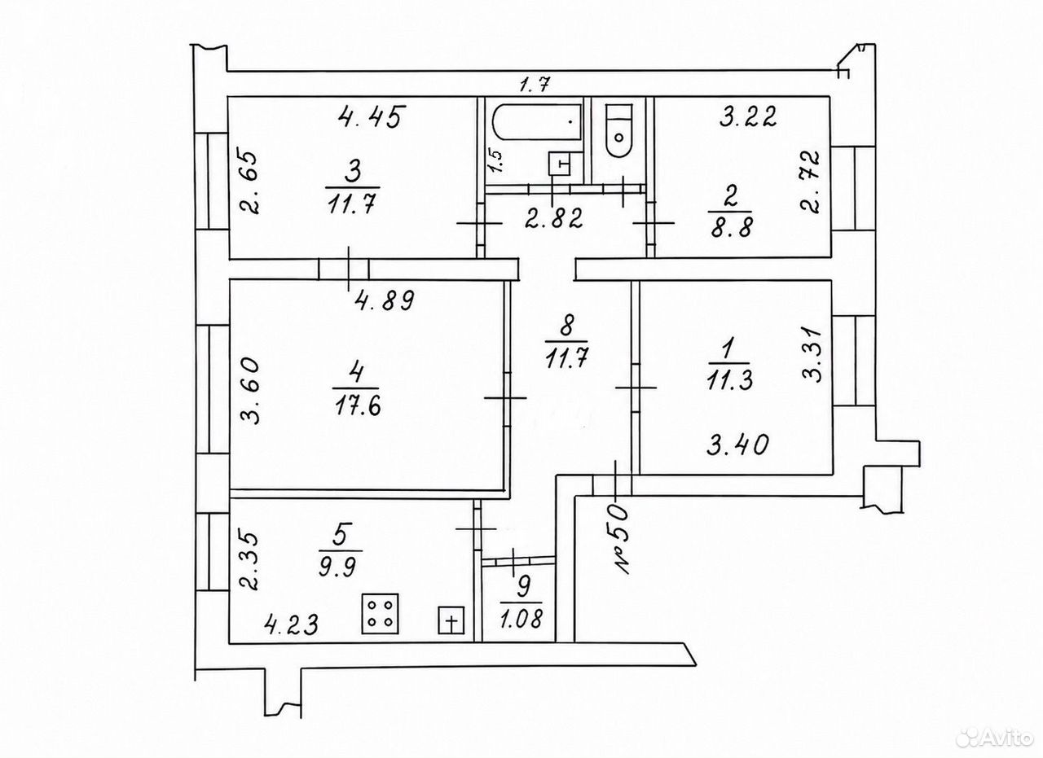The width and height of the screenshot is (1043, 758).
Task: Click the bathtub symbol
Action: click(537, 122)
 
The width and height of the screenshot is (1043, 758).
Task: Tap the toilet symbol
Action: click(618, 130)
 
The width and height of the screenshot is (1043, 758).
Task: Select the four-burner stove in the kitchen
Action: click(381, 614)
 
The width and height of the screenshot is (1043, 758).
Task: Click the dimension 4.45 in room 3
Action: click(371, 116)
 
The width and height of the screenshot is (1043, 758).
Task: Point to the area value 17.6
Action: click(357, 406)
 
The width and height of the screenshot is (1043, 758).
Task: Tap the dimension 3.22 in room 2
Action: click(747, 116)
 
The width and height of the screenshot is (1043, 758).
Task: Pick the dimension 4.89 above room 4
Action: click(385, 300)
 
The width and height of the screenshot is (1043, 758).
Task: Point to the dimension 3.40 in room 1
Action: click(737, 445)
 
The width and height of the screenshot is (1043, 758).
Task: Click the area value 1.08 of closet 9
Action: click(522, 619)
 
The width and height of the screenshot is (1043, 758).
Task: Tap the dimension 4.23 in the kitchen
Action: click(291, 624)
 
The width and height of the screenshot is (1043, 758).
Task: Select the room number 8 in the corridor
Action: click(567, 326)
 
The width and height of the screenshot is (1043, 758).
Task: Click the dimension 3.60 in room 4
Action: click(250, 391)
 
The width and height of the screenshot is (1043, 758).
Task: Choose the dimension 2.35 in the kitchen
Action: click(250, 561)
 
